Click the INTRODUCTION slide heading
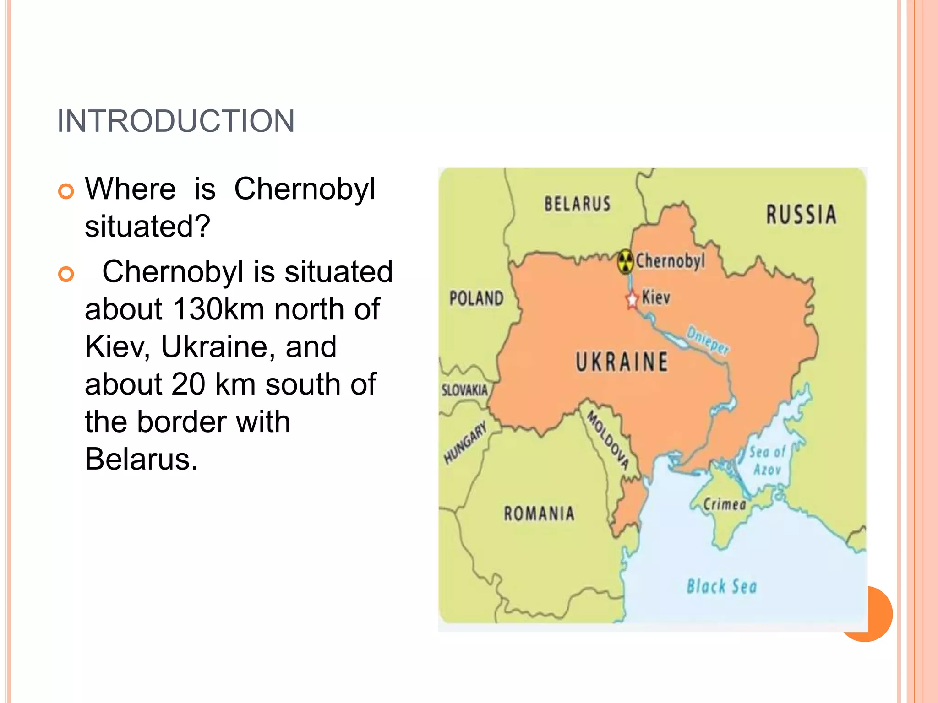point(176,121)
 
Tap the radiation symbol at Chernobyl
point(625,261)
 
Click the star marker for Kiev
point(632,300)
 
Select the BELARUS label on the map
point(577,204)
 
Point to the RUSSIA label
point(802,215)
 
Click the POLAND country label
point(476,298)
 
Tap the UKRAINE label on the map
point(622,362)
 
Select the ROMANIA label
point(539,514)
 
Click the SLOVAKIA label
point(464,390)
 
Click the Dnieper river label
point(708,341)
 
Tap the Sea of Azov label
point(768,460)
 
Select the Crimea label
point(725,504)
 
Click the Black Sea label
point(721,586)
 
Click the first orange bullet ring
point(66,191)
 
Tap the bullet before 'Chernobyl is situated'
point(66,274)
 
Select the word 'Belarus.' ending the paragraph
point(141,459)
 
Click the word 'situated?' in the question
point(147,226)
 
